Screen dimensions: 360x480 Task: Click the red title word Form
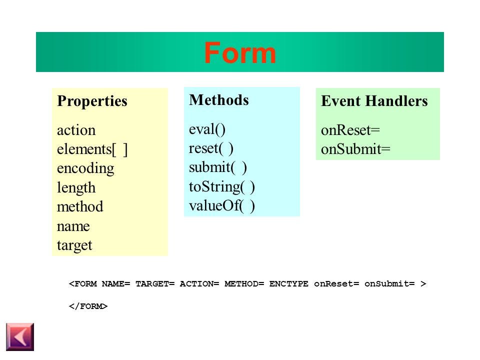tap(240, 52)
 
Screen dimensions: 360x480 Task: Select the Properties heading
tap(92, 101)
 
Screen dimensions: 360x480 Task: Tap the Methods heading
tap(218, 100)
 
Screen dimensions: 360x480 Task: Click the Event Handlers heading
tap(374, 101)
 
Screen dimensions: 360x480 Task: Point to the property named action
tap(76, 130)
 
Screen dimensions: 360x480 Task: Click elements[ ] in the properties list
tap(92, 149)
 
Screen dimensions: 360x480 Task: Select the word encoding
tap(85, 168)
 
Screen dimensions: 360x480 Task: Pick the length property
tap(76, 188)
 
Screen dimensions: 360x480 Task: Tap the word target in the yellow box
tap(74, 245)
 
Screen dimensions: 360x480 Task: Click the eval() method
tap(207, 129)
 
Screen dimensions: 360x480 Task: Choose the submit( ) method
tap(217, 167)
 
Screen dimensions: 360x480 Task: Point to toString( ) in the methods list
tap(222, 187)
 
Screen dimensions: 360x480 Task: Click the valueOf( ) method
tap(222, 206)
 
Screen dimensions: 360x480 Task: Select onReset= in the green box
tap(350, 130)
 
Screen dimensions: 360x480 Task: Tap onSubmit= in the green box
tap(355, 150)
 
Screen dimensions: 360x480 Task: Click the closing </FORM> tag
tap(88, 306)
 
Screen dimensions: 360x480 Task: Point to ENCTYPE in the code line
tap(289, 284)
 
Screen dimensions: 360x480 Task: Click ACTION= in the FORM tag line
tap(199, 284)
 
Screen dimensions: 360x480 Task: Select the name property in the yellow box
tap(73, 226)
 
